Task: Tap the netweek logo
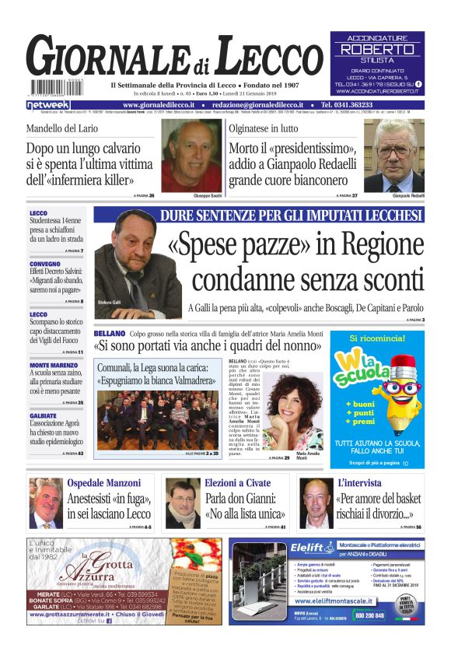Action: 48,104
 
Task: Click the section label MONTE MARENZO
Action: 53,364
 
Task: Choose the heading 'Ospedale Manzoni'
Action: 102,483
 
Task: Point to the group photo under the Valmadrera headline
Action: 147,416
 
